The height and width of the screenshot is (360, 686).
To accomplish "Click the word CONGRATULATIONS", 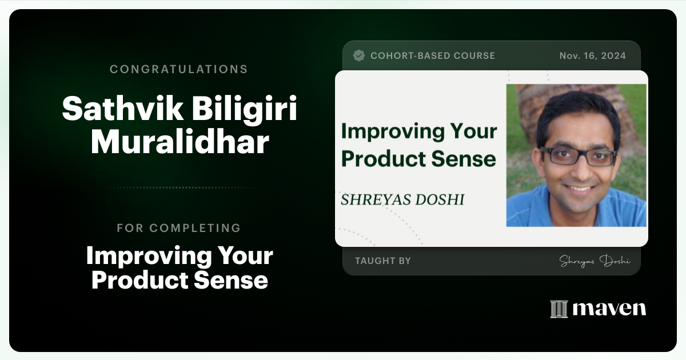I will click(179, 69).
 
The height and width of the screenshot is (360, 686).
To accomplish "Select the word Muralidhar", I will click(180, 142).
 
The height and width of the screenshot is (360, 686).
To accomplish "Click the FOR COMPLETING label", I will click(179, 228).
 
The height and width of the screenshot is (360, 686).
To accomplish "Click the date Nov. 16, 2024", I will click(592, 55).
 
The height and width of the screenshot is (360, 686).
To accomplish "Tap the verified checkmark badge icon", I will click(359, 55).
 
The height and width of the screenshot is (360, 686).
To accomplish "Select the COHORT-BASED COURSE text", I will click(433, 55).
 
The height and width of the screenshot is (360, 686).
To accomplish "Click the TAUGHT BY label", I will click(383, 261).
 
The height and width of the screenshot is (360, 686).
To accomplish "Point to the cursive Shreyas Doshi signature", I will click(595, 261).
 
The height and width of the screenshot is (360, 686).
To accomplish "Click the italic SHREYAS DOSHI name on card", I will click(402, 199).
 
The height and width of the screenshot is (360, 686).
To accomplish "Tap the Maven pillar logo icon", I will click(559, 309).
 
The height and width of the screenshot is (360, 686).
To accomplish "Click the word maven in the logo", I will click(609, 309).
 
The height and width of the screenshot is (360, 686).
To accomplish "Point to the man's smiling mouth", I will click(580, 187).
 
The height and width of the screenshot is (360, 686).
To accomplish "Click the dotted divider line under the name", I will click(179, 187).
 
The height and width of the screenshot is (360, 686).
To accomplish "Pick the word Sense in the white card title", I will click(468, 158).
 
